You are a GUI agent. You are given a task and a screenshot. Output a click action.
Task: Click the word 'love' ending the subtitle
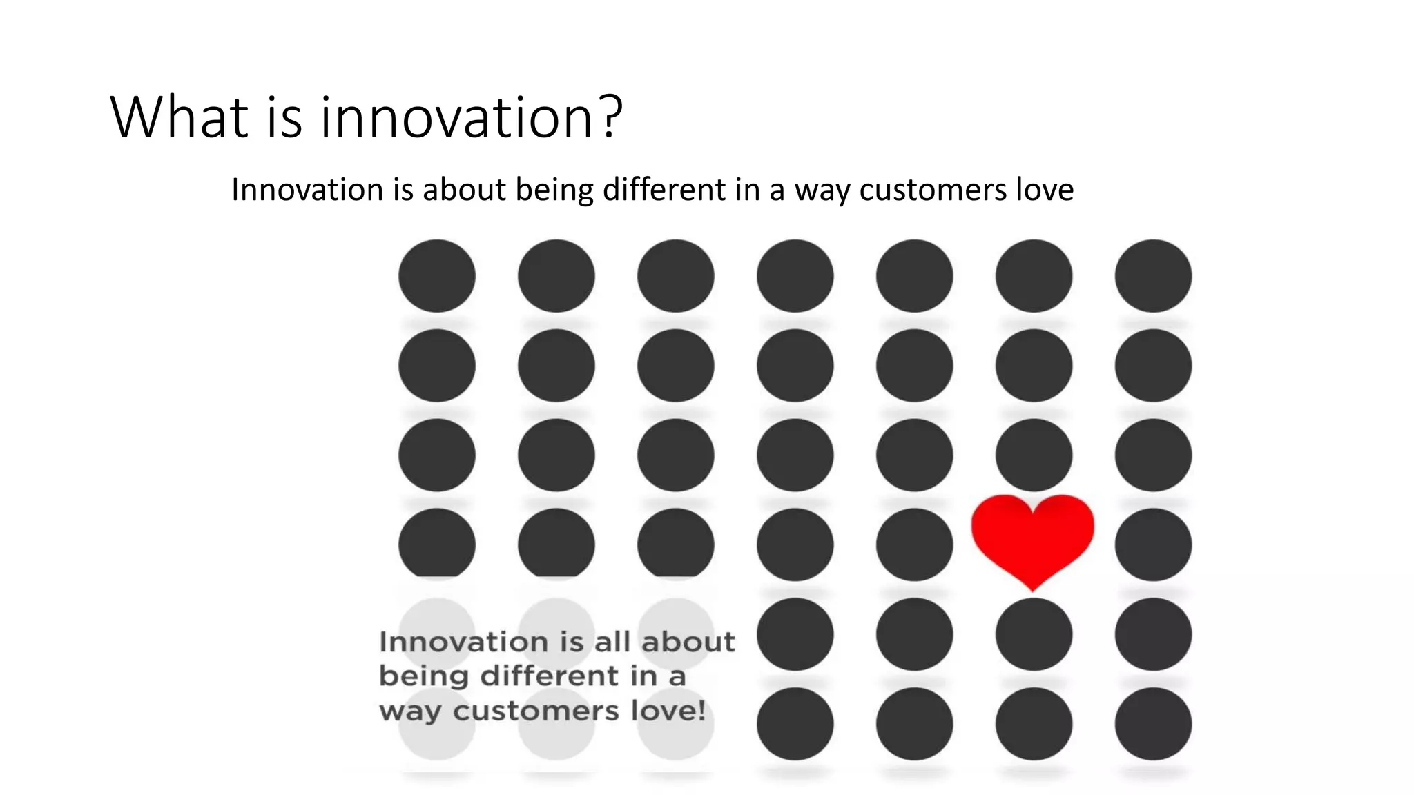pyautogui.click(x=1045, y=190)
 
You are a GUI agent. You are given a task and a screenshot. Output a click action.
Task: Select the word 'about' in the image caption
pyautogui.click(x=688, y=642)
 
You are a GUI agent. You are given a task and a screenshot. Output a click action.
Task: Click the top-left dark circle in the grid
pyautogui.click(x=437, y=275)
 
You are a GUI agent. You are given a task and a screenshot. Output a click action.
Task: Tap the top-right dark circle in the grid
pyautogui.click(x=1153, y=275)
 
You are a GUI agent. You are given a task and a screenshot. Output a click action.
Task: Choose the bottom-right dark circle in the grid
pyautogui.click(x=1153, y=724)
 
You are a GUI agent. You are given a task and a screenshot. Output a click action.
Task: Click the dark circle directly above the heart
pyautogui.click(x=1034, y=455)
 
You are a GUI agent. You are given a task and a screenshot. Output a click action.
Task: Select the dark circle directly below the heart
pyautogui.click(x=1034, y=634)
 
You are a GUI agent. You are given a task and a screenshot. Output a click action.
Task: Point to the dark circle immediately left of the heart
pyautogui.click(x=914, y=544)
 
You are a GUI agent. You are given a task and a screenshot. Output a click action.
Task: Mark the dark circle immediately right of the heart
pyautogui.click(x=1153, y=544)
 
